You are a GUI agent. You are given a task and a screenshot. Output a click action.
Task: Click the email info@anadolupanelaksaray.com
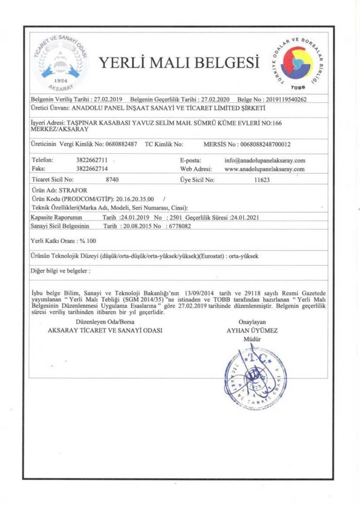pyautogui.click(x=265, y=160)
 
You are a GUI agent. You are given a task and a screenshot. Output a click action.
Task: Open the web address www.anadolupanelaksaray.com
pyautogui.click(x=265, y=169)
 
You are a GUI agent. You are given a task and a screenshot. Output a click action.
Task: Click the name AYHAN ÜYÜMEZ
pyautogui.click(x=252, y=330)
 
